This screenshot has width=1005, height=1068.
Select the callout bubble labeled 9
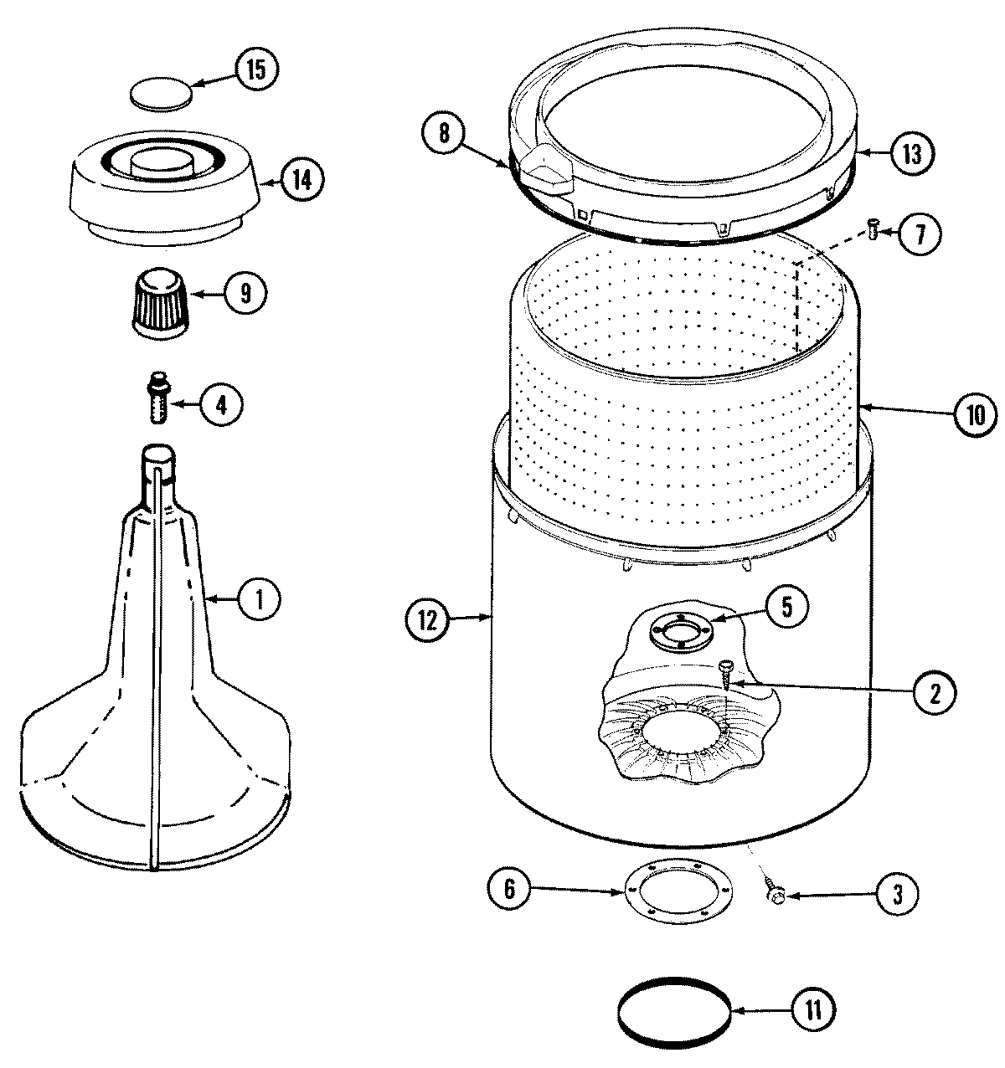click(245, 292)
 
